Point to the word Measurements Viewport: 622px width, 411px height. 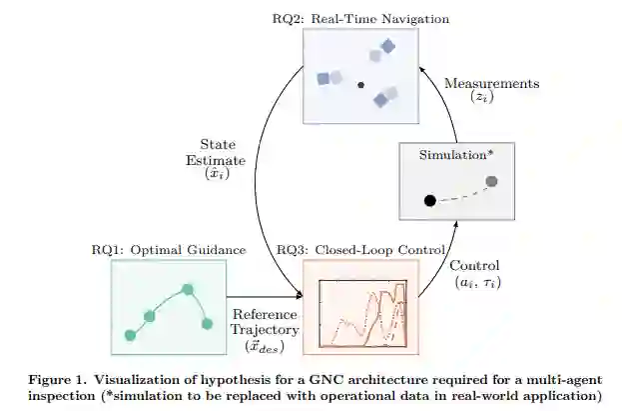click(491, 84)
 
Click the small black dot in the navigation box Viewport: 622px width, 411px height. click(360, 85)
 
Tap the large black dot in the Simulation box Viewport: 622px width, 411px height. click(429, 201)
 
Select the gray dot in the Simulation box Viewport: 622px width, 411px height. click(491, 181)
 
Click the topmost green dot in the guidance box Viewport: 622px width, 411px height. click(187, 290)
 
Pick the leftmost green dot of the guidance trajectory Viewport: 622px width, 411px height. click(129, 334)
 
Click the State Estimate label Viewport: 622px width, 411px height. click(217, 151)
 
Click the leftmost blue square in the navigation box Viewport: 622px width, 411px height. click(323, 78)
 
